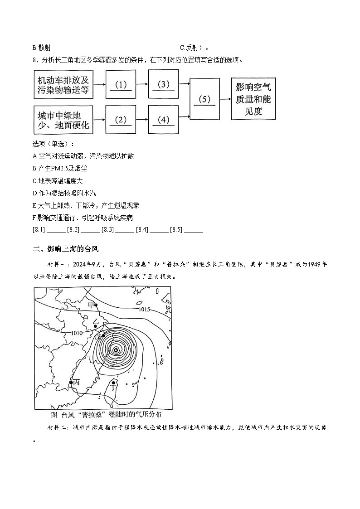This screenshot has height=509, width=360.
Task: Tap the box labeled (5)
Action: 205,99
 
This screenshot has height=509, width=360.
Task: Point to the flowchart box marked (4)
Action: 164,120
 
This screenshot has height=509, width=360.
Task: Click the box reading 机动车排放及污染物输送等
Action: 63,84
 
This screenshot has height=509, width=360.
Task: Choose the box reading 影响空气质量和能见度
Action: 253,99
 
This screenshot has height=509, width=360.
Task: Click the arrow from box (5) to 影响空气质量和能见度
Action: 225,99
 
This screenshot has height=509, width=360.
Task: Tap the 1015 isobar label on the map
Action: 144,310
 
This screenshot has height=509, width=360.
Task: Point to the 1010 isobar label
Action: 76,333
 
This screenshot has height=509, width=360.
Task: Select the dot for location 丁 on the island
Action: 113,383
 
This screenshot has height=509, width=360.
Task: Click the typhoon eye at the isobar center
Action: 116,349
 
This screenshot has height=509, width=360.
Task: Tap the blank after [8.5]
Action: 194,230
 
